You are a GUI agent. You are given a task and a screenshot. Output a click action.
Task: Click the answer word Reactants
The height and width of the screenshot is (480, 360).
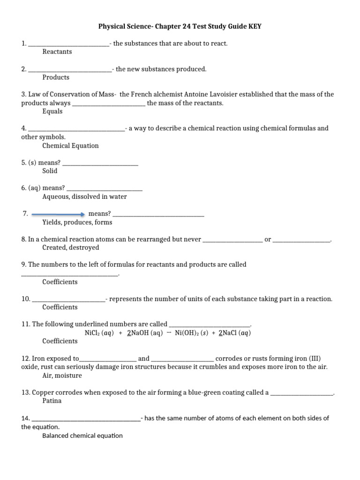click(x=57, y=52)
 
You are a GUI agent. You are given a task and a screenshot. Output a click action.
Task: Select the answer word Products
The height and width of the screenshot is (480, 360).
click(x=56, y=77)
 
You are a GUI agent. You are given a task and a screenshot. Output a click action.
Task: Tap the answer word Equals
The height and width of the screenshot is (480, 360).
click(x=52, y=112)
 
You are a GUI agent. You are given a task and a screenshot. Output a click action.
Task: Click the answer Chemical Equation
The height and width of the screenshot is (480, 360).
click(x=70, y=146)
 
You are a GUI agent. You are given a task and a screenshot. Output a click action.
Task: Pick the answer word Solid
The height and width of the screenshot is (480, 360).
click(x=50, y=171)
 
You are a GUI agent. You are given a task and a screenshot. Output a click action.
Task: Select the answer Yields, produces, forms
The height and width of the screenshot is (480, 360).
click(x=77, y=223)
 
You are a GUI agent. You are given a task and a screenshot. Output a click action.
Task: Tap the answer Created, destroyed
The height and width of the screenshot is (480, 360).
click(x=71, y=247)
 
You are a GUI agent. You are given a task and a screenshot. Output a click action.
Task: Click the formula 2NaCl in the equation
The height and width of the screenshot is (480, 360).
click(x=228, y=333)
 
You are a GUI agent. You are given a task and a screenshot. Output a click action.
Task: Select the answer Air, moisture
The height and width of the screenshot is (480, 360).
click(x=62, y=375)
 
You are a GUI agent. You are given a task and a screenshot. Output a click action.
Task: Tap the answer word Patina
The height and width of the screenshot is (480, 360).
click(x=52, y=401)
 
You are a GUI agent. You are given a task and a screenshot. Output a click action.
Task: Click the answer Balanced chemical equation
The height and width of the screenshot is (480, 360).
click(x=82, y=435)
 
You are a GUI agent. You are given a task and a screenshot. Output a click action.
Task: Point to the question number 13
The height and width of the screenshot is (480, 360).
click(x=25, y=392)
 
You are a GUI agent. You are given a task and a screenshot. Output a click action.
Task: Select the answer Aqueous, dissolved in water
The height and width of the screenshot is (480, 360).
click(x=84, y=197)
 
